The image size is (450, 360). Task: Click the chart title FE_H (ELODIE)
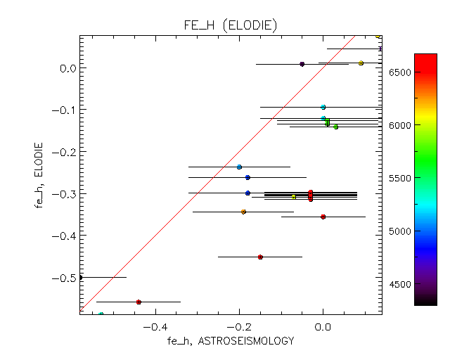click(x=229, y=25)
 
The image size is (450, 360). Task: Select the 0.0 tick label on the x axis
click(x=323, y=327)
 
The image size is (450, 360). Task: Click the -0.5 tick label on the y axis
click(x=65, y=277)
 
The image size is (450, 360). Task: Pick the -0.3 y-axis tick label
click(x=65, y=193)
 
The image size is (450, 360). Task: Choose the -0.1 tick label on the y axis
click(x=65, y=110)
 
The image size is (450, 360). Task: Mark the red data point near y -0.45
click(x=260, y=257)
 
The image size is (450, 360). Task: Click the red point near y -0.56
click(x=139, y=302)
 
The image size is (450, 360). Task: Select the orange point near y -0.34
click(x=243, y=212)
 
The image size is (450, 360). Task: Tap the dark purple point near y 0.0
click(x=302, y=64)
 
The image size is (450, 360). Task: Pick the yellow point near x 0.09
click(x=361, y=63)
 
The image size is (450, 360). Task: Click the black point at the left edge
click(x=80, y=277)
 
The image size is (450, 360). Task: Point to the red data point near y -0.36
click(x=323, y=217)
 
